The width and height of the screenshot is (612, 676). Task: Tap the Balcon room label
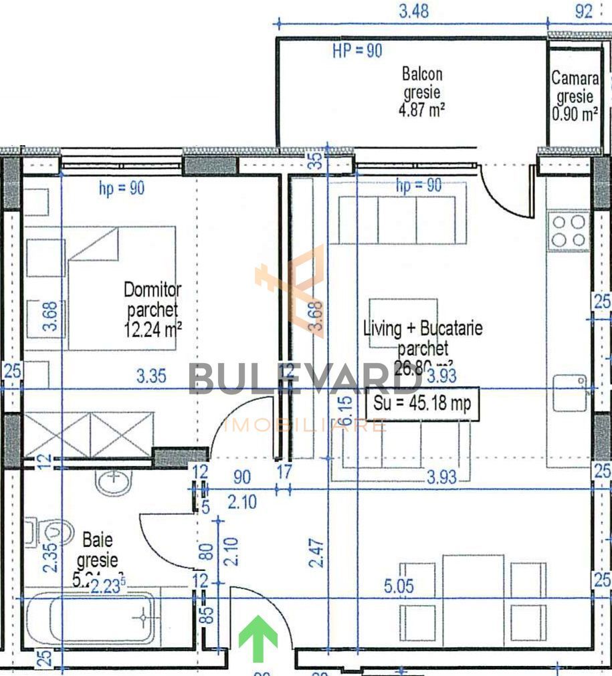(422, 91)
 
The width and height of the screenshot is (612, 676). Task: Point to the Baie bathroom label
(98, 549)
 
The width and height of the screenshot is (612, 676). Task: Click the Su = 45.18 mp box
(422, 403)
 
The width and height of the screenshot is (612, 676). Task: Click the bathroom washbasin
(118, 481)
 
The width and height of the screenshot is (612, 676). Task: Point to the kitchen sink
(571, 387)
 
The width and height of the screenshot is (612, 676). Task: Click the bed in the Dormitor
(120, 288)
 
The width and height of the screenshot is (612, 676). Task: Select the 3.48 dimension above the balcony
(413, 11)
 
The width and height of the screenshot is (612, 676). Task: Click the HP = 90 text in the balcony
(357, 51)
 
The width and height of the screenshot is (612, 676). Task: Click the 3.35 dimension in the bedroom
(150, 376)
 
